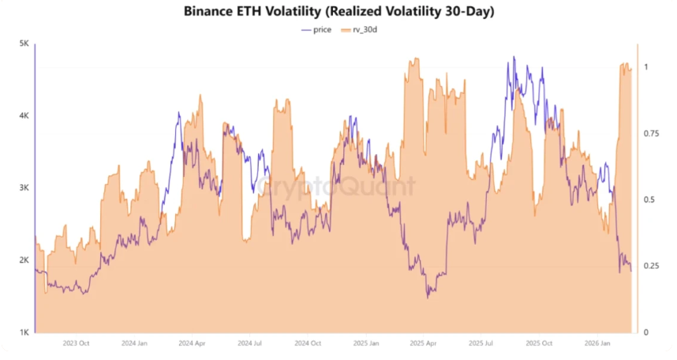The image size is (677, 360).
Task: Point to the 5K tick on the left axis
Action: (x=24, y=44)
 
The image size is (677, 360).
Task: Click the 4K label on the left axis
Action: (x=24, y=116)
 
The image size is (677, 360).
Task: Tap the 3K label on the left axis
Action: (x=24, y=189)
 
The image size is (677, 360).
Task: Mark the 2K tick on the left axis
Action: (x=24, y=261)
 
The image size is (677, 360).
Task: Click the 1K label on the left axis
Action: (x=24, y=332)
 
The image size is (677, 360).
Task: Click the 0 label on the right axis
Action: (x=646, y=332)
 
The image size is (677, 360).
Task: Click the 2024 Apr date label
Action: (x=193, y=343)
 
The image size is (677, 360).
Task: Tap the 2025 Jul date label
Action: (x=481, y=343)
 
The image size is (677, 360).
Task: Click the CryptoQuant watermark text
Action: (x=337, y=187)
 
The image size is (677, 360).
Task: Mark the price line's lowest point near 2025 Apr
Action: (x=428, y=297)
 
